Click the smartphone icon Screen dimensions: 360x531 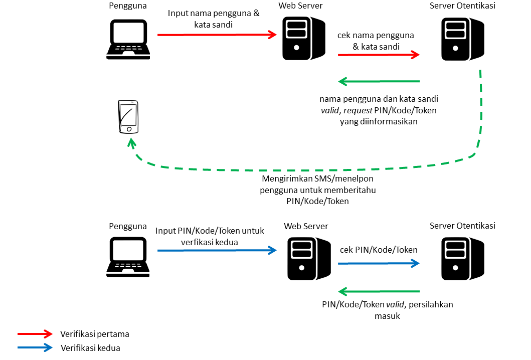(128, 117)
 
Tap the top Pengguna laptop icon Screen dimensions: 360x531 (128, 40)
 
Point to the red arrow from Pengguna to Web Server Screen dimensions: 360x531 (217, 35)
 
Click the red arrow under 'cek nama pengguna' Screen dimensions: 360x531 (379, 55)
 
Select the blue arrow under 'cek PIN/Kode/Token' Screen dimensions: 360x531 (379, 263)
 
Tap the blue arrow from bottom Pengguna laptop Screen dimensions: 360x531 (217, 250)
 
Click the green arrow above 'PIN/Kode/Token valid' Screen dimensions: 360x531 (379, 291)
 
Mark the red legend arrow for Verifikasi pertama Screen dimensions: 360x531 (35, 334)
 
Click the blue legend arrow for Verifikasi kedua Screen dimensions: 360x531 (35, 347)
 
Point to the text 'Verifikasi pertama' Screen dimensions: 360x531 (95, 334)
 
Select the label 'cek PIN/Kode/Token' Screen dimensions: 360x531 (379, 250)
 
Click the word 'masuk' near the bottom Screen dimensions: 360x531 (387, 316)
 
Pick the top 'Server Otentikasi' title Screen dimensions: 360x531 (462, 6)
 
